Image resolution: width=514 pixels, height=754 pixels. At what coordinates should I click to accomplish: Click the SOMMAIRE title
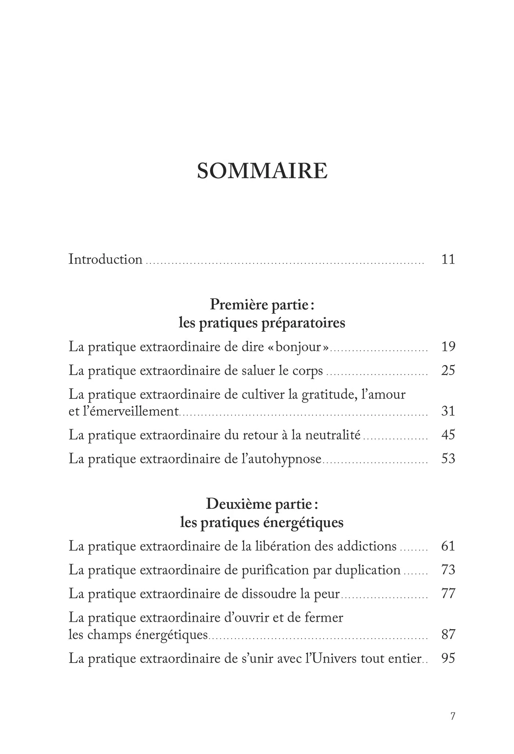click(x=262, y=171)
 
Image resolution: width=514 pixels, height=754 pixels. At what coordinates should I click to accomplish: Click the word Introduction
click(x=105, y=260)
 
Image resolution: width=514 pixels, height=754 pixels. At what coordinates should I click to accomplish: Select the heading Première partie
click(x=262, y=304)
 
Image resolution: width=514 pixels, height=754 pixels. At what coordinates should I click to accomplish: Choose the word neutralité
click(x=333, y=435)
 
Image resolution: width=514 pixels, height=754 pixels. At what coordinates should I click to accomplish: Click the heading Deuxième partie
click(x=262, y=504)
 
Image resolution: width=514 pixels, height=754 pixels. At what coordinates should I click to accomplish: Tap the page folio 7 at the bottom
click(x=453, y=716)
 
